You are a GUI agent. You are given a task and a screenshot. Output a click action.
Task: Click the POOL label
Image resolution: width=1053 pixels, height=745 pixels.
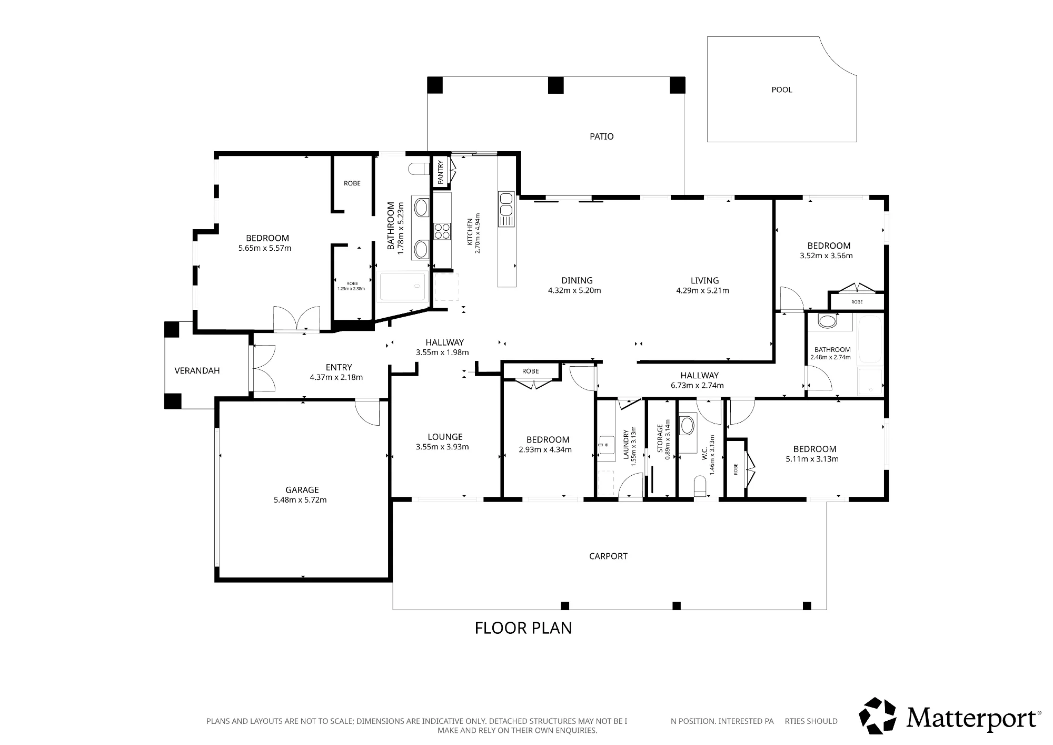coord(782,90)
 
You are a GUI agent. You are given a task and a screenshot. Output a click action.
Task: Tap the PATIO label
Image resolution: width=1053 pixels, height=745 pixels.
coord(601,136)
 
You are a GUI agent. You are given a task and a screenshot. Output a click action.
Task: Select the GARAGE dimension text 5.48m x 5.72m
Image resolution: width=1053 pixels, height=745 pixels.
coord(300,500)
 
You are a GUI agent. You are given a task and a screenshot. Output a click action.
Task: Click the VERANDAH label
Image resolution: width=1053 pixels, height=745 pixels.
coord(197,370)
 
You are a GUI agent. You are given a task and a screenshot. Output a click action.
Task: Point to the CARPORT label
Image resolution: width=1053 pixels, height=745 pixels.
coord(608,556)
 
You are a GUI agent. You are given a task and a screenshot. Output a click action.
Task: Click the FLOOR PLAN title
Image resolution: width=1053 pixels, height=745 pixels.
coord(523,628)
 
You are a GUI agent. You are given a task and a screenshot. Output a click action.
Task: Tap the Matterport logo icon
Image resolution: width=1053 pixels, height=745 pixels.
coord(878,716)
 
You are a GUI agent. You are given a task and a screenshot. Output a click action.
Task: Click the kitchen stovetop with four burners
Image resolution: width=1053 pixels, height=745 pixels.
coord(442,231)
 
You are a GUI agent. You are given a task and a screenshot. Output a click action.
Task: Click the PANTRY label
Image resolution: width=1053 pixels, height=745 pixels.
coord(440,171)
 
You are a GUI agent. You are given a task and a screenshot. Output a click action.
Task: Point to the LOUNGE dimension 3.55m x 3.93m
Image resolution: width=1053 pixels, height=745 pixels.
coord(442,447)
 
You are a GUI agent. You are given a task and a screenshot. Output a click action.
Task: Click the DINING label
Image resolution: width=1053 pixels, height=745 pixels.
coord(577,280)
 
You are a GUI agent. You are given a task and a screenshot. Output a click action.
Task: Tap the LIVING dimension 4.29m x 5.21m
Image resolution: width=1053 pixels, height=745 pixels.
coord(702,290)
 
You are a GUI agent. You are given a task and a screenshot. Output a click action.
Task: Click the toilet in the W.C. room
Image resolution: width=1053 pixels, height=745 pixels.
coord(699,486)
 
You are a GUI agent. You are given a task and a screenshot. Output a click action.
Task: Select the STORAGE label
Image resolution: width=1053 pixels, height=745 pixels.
coord(660,438)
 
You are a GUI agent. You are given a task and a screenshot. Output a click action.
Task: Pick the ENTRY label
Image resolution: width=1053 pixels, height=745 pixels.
coord(339,367)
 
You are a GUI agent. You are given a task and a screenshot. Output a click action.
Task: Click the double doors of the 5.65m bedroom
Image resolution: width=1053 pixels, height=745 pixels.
coord(296,319)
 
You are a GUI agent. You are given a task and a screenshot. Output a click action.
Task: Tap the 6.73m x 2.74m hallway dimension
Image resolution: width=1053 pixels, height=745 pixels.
coord(697,385)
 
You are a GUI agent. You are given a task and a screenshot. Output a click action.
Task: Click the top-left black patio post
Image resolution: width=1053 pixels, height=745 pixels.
coord(435,85)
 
